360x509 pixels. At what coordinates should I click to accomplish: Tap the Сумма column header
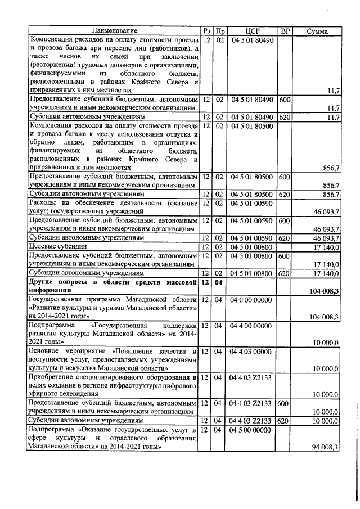click(x=317, y=31)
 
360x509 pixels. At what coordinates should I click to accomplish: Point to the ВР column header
click(x=285, y=31)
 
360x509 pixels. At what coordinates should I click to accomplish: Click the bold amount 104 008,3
click(x=323, y=291)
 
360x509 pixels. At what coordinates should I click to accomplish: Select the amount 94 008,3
click(x=325, y=447)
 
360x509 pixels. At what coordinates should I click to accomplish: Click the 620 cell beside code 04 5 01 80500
click(x=284, y=195)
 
